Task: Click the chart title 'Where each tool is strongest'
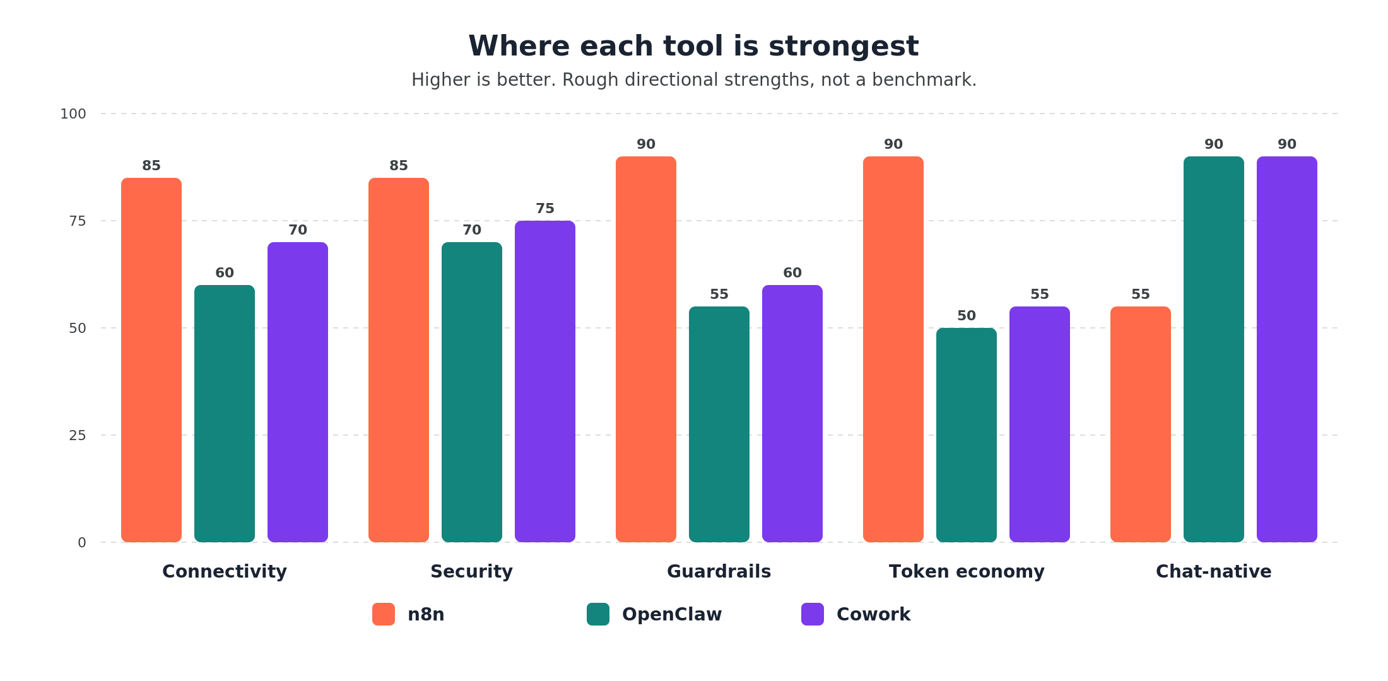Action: (693, 46)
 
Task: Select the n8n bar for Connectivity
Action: (151, 359)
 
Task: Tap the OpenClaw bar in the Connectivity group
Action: (225, 413)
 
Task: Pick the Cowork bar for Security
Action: (545, 381)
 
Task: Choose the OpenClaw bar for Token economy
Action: (967, 435)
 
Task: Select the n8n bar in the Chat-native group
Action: (1141, 424)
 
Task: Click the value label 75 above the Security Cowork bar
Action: (545, 209)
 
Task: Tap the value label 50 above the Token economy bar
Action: (967, 316)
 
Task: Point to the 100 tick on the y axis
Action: (73, 114)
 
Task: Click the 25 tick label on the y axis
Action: (78, 435)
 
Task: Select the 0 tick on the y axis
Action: (82, 542)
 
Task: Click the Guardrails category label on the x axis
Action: (719, 571)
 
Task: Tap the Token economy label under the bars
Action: (967, 571)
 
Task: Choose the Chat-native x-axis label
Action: (1213, 571)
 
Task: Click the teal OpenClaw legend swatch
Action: (598, 614)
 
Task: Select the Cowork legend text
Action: (873, 614)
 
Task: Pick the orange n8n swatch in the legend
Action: (384, 614)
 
